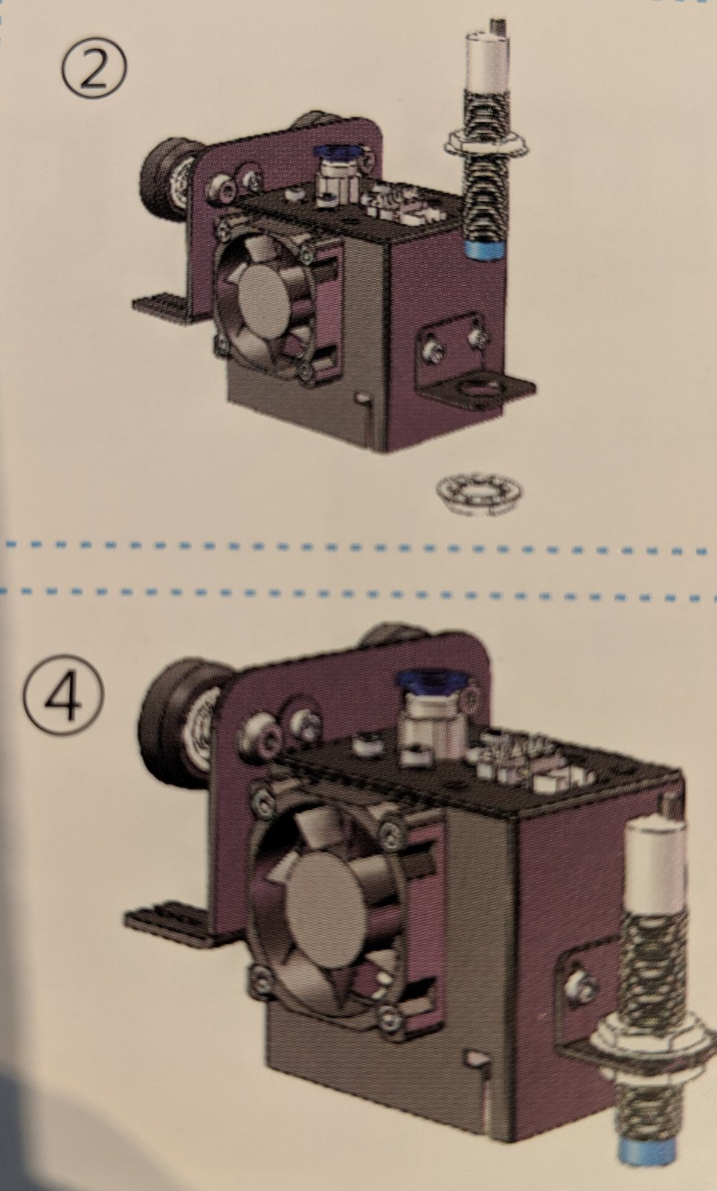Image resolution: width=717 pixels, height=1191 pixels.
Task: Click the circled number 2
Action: tap(94, 71)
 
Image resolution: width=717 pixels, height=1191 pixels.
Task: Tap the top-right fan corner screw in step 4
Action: tap(390, 831)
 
